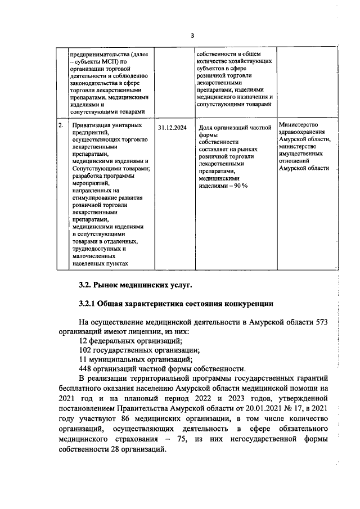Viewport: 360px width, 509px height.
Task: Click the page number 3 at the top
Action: [192, 35]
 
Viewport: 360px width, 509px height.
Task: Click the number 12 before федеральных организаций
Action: [84, 340]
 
